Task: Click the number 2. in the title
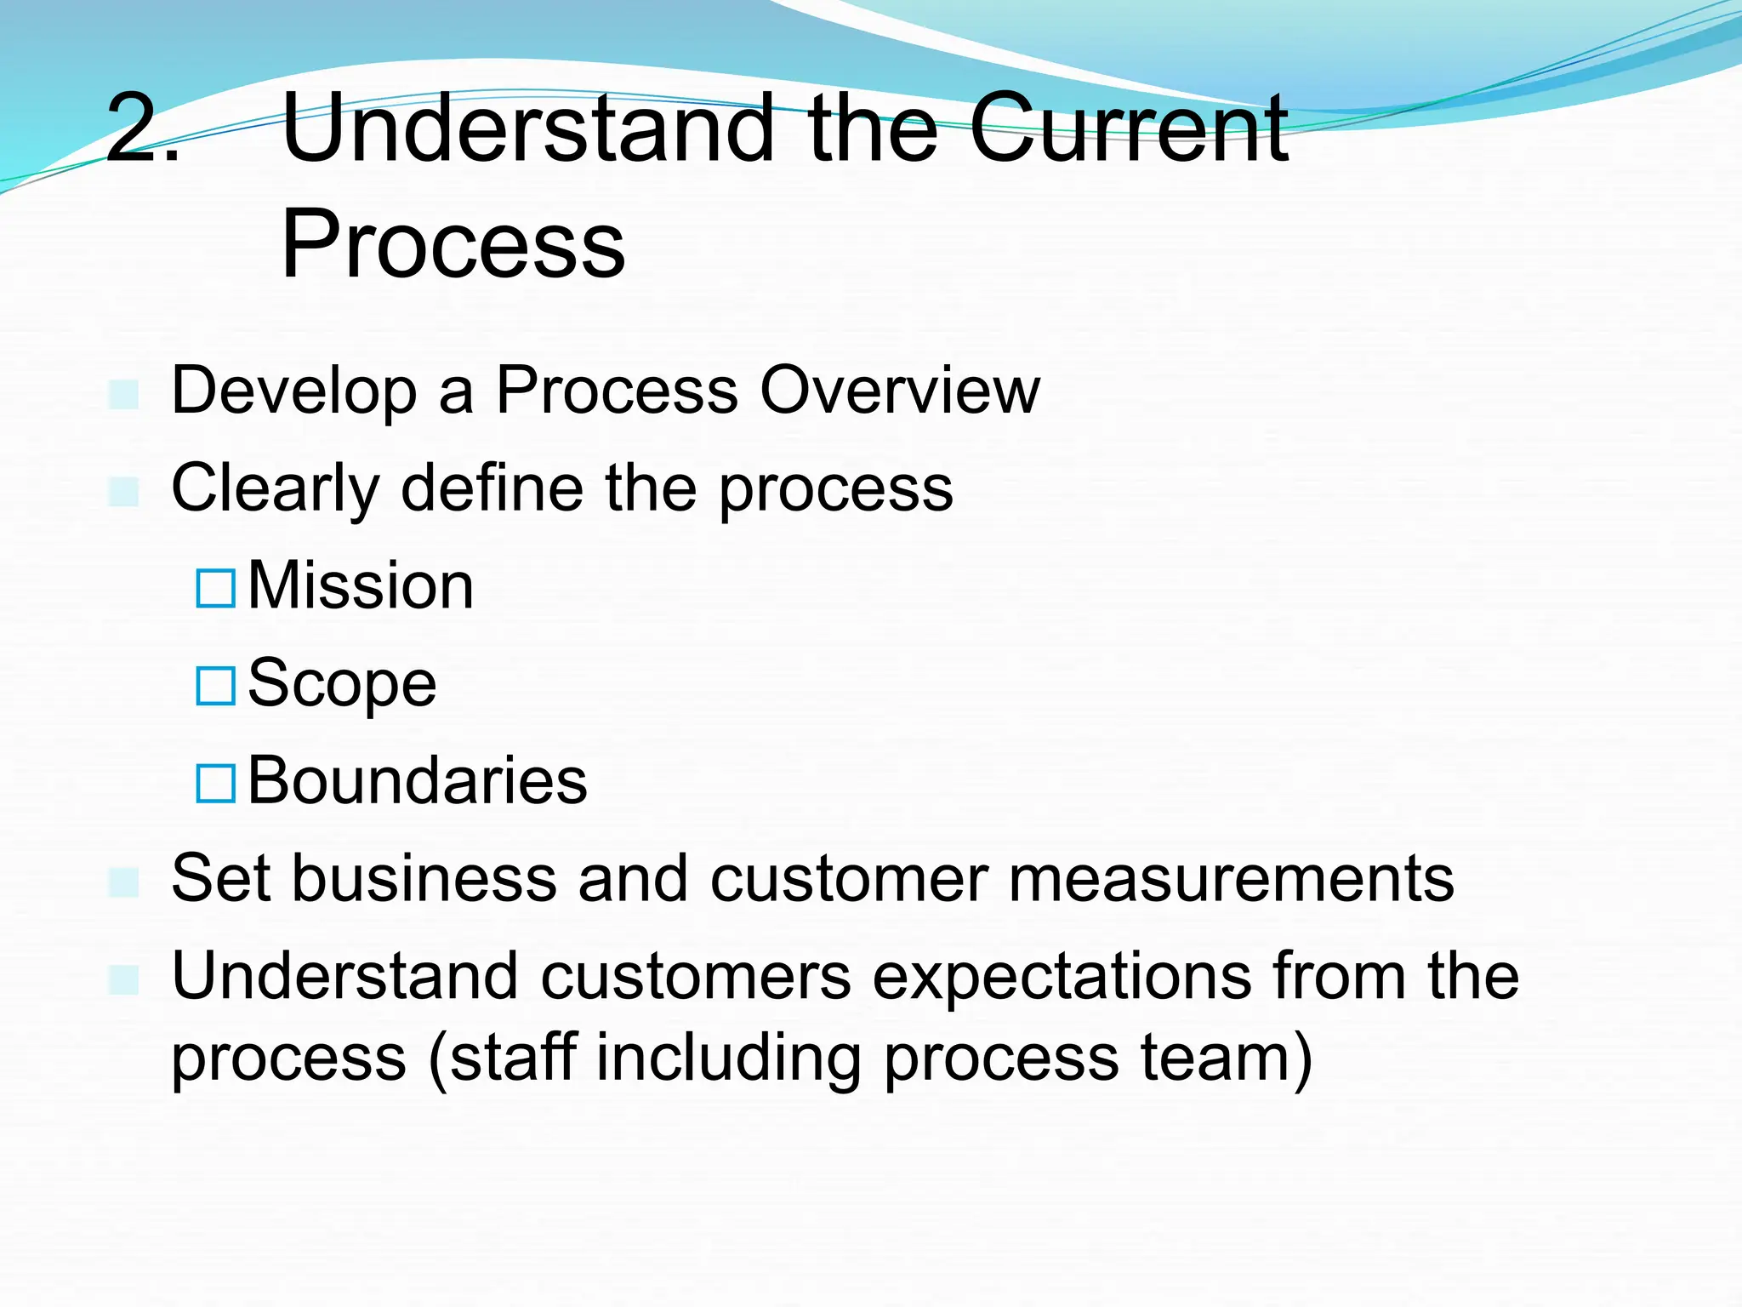(142, 129)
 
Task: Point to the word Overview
(899, 391)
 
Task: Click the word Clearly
(275, 490)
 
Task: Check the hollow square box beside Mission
(215, 588)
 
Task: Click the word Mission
(361, 586)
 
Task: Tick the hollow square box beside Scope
(215, 686)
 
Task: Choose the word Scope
(342, 685)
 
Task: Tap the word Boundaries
(417, 781)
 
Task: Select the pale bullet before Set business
(124, 882)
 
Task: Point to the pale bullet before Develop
(124, 394)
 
